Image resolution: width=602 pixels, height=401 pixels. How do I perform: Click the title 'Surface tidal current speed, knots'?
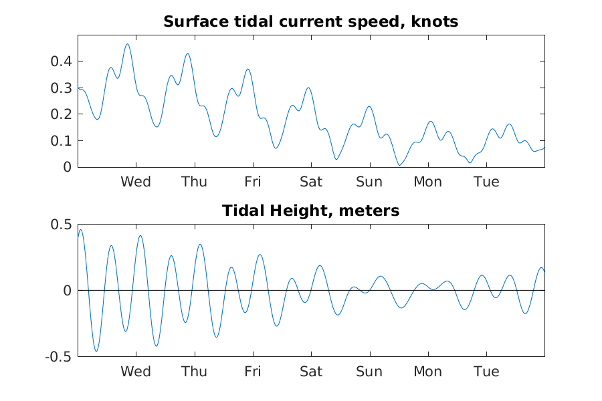click(x=310, y=21)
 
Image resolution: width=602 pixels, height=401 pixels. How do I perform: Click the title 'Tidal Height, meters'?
click(x=310, y=211)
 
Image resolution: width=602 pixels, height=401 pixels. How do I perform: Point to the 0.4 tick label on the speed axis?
click(x=61, y=61)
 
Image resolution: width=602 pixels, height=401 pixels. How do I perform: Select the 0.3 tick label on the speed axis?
click(x=61, y=88)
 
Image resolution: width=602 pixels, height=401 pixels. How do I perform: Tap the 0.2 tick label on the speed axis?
click(x=61, y=114)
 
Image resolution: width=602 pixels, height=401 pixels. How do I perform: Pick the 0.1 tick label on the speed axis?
click(x=61, y=140)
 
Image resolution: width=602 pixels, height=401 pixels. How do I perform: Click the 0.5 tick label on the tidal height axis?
click(x=61, y=225)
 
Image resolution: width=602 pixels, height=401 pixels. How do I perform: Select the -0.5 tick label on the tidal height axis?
click(x=58, y=357)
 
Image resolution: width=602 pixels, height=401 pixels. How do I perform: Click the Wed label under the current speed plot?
click(x=136, y=182)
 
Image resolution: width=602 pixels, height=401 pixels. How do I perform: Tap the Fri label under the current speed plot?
click(x=253, y=182)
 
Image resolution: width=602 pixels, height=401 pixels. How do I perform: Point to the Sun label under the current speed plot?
click(x=369, y=182)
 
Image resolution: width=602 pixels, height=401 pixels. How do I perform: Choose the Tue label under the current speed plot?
click(x=486, y=182)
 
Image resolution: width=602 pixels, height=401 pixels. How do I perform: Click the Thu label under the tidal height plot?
click(x=194, y=372)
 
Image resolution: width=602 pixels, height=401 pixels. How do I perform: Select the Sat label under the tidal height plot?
click(x=311, y=372)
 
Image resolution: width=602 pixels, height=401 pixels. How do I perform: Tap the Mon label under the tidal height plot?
click(x=427, y=372)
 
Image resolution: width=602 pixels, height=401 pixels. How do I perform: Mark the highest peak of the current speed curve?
click(x=128, y=44)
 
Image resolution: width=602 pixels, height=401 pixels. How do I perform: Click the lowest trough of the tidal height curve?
click(x=96, y=351)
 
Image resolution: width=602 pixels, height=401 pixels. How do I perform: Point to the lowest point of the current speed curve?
click(x=400, y=165)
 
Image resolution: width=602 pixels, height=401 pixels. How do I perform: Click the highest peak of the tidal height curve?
click(x=81, y=230)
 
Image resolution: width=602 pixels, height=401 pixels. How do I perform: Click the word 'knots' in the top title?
click(x=435, y=21)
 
